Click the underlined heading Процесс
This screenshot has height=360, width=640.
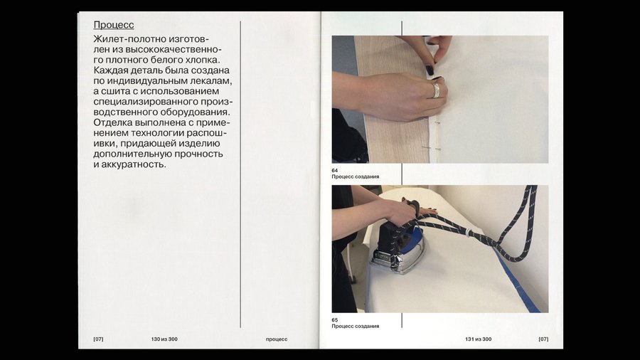tap(114, 25)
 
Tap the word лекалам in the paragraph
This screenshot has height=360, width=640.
tap(211, 81)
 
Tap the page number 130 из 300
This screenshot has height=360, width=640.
tap(164, 339)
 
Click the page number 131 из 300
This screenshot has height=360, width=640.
tap(479, 339)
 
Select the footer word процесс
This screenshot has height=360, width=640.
tap(277, 339)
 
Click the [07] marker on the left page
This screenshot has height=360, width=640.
tap(98, 339)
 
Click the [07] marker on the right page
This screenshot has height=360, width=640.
tap(543, 339)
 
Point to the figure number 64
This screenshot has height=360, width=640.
tap(335, 171)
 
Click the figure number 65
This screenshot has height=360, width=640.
tap(335, 320)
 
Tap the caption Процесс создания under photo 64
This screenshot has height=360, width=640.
tap(356, 176)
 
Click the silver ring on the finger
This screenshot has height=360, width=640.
tap(437, 90)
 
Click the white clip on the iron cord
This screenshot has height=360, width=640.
tap(468, 232)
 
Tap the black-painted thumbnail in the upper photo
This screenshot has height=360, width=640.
tap(430, 70)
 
